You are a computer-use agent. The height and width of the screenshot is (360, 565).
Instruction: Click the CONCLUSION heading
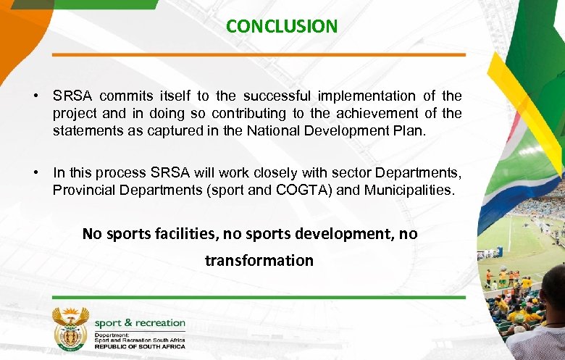(x=282, y=27)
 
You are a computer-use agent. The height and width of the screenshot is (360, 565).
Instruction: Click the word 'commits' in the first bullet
(x=123, y=96)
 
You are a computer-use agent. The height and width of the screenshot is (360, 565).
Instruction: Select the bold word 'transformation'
(x=259, y=260)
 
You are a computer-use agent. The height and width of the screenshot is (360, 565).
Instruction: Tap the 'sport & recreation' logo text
(x=140, y=323)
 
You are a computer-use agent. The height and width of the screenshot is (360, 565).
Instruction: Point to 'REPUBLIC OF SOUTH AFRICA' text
(x=140, y=347)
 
